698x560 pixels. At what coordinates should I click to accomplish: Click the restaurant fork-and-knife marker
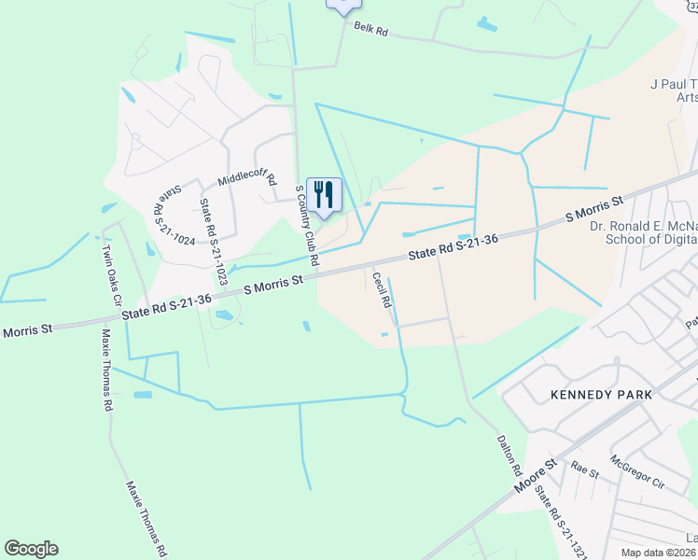click(x=324, y=194)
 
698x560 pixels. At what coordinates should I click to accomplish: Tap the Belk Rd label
click(x=370, y=30)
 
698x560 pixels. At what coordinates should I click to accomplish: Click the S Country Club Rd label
click(x=307, y=224)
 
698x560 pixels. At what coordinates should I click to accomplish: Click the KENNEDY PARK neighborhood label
click(x=601, y=395)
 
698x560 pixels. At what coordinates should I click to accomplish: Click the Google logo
click(x=31, y=549)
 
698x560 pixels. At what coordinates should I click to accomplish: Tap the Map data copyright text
click(x=659, y=553)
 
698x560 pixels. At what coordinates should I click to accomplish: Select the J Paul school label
click(x=673, y=90)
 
